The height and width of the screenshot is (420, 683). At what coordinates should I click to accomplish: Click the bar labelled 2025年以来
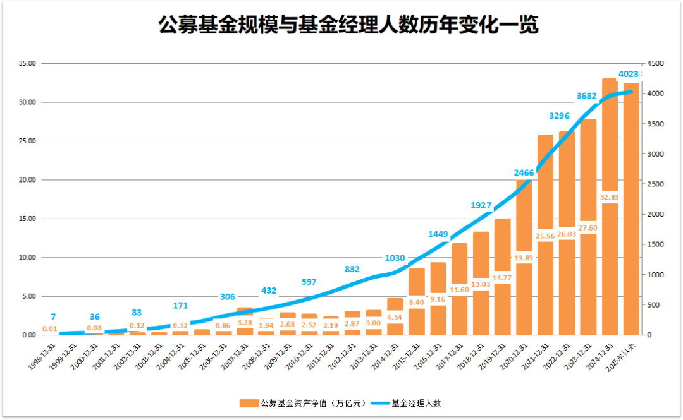(631, 208)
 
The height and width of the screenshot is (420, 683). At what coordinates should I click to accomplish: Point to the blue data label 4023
(629, 74)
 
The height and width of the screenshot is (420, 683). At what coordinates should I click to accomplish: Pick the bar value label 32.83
(610, 197)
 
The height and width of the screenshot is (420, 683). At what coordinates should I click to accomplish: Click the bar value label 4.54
(395, 318)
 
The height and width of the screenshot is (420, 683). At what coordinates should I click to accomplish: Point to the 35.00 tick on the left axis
(27, 64)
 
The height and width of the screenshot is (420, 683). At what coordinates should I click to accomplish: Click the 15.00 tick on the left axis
(27, 219)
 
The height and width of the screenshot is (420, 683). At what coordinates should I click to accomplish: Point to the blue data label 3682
(588, 95)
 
